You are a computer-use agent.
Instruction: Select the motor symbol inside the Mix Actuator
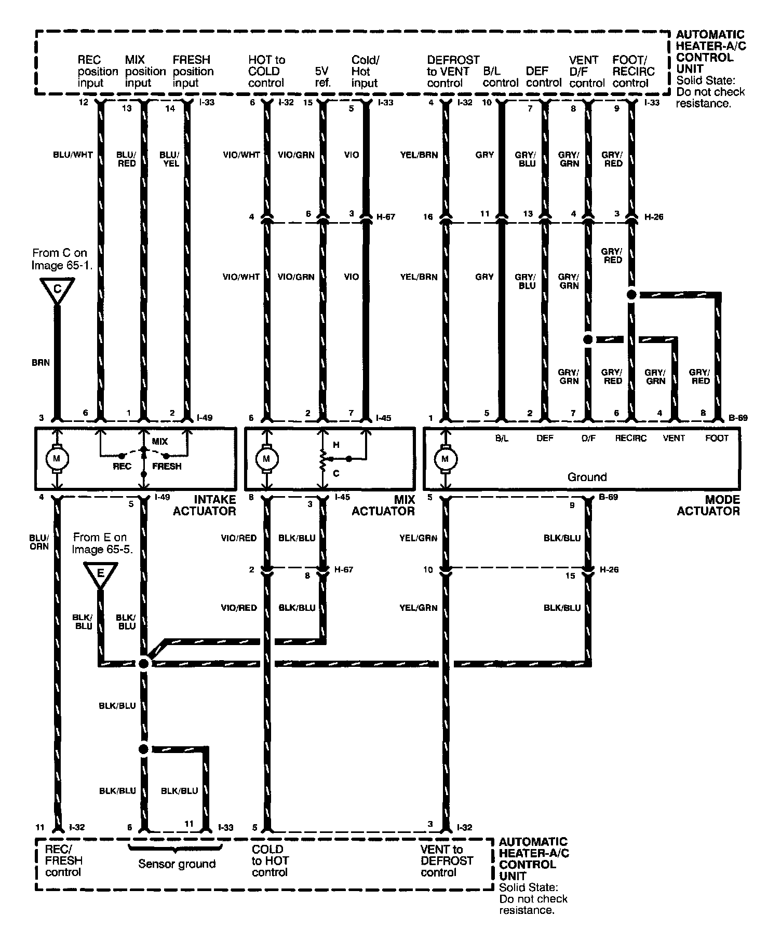[267, 458]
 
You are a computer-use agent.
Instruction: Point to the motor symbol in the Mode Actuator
[445, 458]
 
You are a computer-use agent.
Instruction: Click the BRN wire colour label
[41, 363]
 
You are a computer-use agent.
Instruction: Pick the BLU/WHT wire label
[73, 155]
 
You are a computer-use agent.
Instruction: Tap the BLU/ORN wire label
[39, 542]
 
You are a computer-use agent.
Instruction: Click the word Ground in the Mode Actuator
[587, 477]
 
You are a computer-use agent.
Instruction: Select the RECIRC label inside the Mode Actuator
[631, 438]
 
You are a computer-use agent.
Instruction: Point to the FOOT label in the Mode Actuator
[717, 438]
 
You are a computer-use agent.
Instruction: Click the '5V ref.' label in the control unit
[323, 77]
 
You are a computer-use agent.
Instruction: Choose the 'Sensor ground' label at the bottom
[177, 864]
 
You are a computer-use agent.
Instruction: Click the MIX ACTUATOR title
[383, 505]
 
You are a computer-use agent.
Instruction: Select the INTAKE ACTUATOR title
[204, 505]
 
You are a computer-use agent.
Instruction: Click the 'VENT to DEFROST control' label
[447, 860]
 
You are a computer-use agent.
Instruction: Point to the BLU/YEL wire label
[169, 159]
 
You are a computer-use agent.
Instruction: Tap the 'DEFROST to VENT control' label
[453, 71]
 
